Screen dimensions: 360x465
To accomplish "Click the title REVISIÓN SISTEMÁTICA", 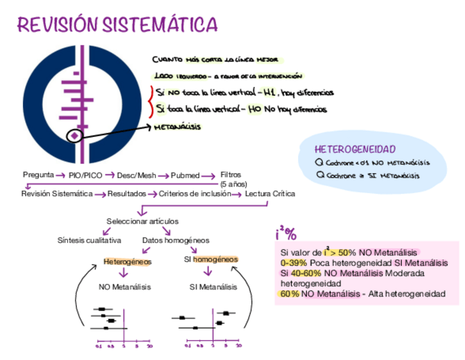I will tap(117, 24).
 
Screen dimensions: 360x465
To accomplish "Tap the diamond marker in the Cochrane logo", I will tap(75, 134).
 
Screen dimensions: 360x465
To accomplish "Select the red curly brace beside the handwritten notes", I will tap(150, 100).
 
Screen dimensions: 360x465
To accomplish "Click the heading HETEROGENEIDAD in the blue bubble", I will tap(355, 149).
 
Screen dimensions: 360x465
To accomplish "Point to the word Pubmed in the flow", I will tap(185, 176).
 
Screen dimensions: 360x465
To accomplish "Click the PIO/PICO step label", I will tap(86, 176).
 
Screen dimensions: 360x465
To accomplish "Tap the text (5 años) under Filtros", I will tap(234, 184).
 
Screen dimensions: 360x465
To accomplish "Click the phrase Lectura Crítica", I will tap(270, 194).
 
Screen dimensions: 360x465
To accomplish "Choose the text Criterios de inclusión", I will tap(194, 194).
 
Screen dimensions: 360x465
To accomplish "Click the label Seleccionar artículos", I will tap(143, 221).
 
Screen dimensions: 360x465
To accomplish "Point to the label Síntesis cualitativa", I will tap(89, 240).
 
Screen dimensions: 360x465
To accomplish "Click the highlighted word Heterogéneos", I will tap(127, 262).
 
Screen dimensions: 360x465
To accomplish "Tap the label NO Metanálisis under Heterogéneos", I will tap(125, 286).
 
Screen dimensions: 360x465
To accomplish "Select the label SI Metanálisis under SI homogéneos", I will tap(213, 286).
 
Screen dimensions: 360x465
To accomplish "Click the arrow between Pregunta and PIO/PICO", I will tap(61, 175).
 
